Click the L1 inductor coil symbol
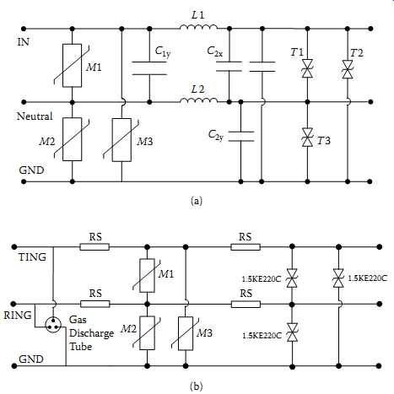pyautogui.click(x=198, y=27)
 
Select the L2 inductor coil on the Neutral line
pyautogui.click(x=198, y=100)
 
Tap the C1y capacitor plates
pyautogui.click(x=149, y=68)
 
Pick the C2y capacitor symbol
pyautogui.click(x=241, y=136)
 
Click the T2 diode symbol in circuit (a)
pyautogui.click(x=348, y=69)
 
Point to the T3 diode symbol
pyautogui.click(x=307, y=137)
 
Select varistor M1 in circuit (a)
pyautogui.click(x=73, y=65)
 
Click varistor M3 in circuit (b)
pyautogui.click(x=186, y=333)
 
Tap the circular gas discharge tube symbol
pyautogui.click(x=53, y=325)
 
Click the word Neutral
pyautogui.click(x=35, y=116)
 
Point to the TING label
pyautogui.click(x=32, y=257)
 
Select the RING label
pyautogui.click(x=18, y=315)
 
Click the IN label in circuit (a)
pyautogui.click(x=24, y=42)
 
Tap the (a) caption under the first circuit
pyautogui.click(x=196, y=201)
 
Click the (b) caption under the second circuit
pyautogui.click(x=196, y=386)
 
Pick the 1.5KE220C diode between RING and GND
pyautogui.click(x=292, y=332)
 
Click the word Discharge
pyautogui.click(x=91, y=333)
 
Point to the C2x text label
pyautogui.click(x=215, y=51)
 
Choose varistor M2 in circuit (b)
pyautogui.click(x=147, y=333)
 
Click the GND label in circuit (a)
pyautogui.click(x=31, y=170)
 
